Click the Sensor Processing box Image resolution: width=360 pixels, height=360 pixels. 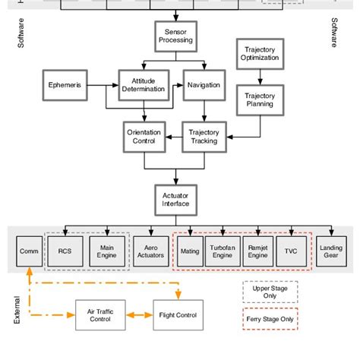click(x=175, y=36)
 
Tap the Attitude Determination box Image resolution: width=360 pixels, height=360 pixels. click(x=143, y=84)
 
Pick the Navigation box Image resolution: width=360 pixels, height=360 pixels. click(x=203, y=84)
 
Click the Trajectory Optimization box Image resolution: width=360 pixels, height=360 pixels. click(x=259, y=53)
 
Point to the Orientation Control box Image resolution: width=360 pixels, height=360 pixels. click(x=143, y=137)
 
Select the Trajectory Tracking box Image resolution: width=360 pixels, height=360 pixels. click(x=203, y=137)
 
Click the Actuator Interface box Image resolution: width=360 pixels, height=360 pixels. click(x=175, y=199)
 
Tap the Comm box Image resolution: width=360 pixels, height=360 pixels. click(x=30, y=251)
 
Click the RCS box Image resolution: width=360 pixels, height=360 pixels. click(x=64, y=251)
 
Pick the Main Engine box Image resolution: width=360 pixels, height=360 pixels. click(x=106, y=251)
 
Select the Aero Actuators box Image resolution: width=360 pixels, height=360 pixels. click(x=152, y=251)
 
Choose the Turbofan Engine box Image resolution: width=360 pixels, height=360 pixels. click(x=223, y=251)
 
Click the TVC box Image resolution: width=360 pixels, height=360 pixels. click(x=290, y=251)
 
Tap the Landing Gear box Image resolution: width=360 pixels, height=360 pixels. click(x=330, y=251)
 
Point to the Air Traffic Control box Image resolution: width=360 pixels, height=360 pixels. click(x=101, y=315)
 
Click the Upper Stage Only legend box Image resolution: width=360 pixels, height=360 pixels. click(x=270, y=292)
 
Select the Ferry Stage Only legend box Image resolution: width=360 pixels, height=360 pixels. click(x=270, y=321)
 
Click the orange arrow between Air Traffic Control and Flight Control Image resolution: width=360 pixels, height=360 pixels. click(x=141, y=315)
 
